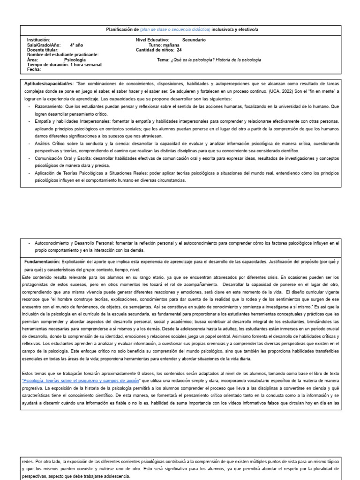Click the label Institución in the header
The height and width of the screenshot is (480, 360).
[38, 40]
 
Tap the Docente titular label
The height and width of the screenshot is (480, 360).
[43, 50]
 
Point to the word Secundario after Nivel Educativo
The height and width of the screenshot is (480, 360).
[194, 40]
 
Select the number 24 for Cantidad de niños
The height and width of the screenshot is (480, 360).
[179, 50]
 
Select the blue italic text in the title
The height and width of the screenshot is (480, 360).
[175, 30]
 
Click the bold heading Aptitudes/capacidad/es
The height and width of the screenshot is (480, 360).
[49, 83]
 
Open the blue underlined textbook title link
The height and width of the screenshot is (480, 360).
[84, 380]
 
